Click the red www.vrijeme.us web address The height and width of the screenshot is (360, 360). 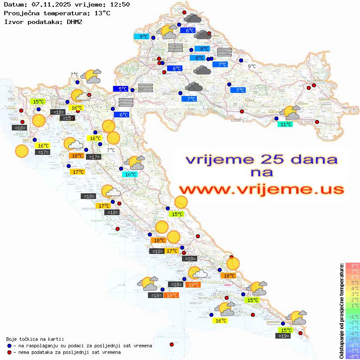[x=261, y=189]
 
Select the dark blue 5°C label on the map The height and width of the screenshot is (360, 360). [x=120, y=89]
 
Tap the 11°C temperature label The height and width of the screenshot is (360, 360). [x=285, y=124]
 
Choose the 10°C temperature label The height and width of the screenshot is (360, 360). [x=130, y=175]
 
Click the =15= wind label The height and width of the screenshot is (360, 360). [x=67, y=118]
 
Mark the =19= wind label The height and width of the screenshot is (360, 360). [x=283, y=336]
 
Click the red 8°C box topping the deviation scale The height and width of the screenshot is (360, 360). [x=352, y=266]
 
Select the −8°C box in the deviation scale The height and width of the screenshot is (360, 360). [x=352, y=357]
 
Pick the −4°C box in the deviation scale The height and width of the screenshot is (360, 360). [x=352, y=334]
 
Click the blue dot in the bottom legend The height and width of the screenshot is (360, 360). [x=9, y=346]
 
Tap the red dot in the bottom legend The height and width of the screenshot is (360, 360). [x=9, y=352]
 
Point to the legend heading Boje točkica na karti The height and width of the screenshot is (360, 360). [x=35, y=339]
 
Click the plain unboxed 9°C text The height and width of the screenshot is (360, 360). [x=252, y=66]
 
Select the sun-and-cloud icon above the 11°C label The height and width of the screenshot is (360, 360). [x=291, y=113]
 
